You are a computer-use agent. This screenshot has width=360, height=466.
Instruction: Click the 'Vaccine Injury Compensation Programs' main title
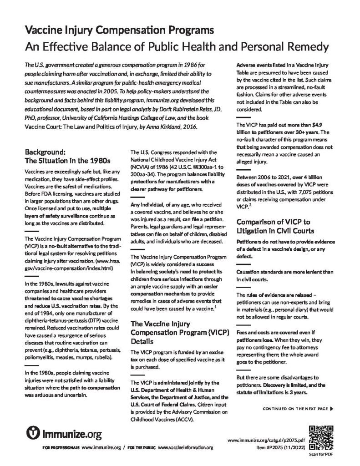(x=119, y=30)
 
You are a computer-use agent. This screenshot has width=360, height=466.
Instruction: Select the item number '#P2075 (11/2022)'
(x=281, y=448)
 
